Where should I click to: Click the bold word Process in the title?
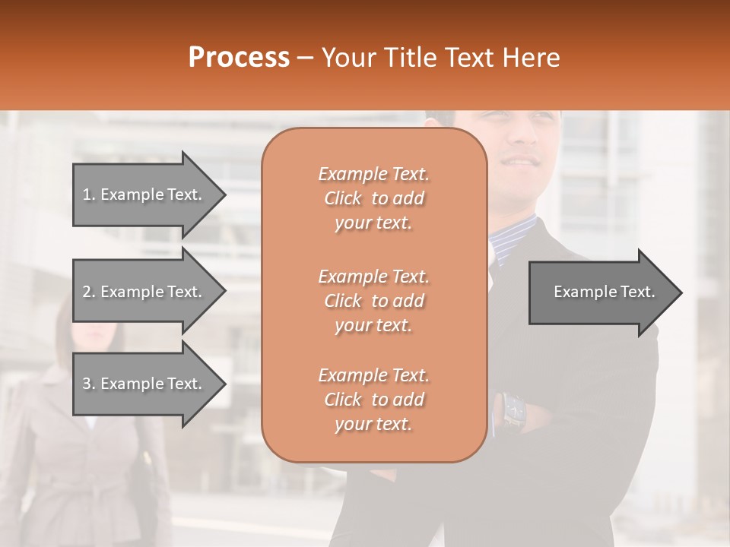[x=239, y=58]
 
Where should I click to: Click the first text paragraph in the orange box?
[x=373, y=198]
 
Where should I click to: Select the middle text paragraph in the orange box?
[x=373, y=301]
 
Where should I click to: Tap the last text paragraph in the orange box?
[x=373, y=400]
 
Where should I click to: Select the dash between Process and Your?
[x=306, y=58]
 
